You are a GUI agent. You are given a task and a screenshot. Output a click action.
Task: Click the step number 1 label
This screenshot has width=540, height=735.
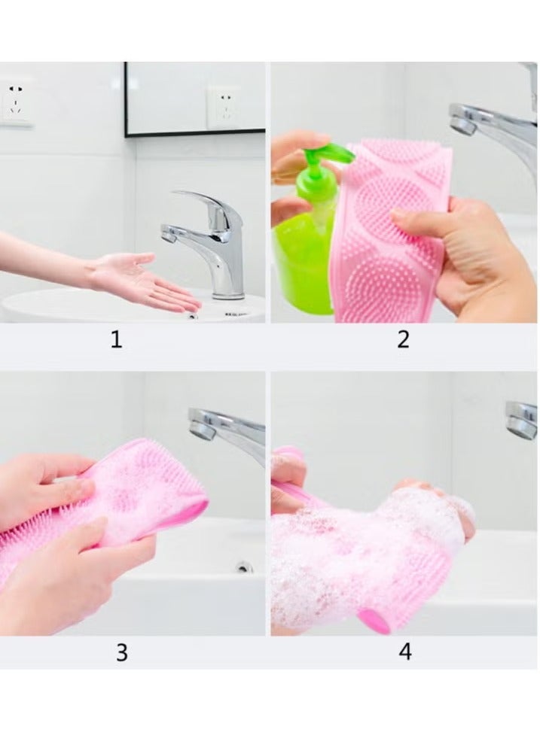[116, 340]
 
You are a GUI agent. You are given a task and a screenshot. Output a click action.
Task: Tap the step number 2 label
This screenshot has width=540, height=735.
[404, 339]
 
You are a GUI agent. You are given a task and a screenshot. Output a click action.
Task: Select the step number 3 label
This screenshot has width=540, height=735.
[121, 652]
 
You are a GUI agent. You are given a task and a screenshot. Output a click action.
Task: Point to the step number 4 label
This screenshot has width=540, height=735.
[405, 651]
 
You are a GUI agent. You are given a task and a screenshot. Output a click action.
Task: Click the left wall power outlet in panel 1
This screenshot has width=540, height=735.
[17, 101]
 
